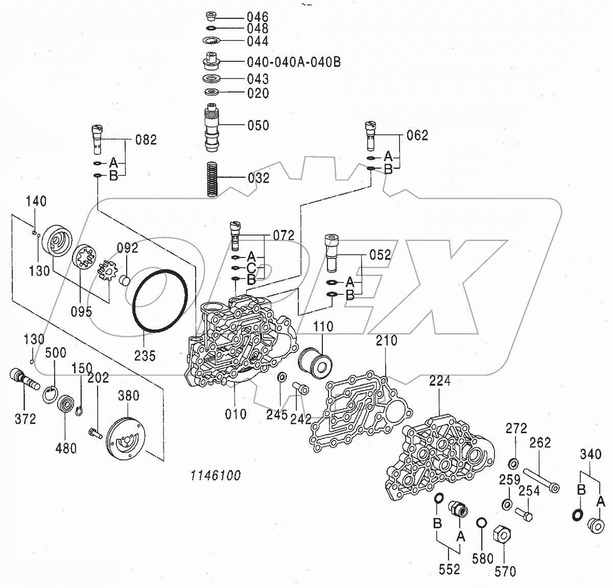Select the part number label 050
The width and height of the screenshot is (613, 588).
coord(258,125)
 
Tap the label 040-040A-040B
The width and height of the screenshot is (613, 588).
coord(294,62)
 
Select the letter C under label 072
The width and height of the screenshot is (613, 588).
coord(251,268)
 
